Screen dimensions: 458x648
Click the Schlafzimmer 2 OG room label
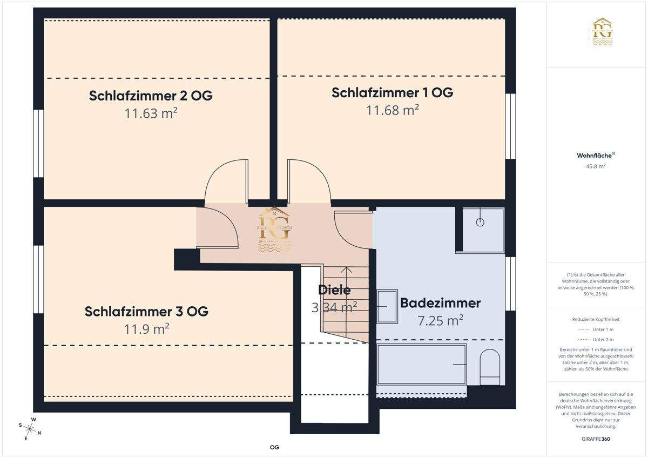click(x=151, y=96)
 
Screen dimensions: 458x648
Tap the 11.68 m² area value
click(x=393, y=110)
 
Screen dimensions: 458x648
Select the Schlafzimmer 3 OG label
click(x=146, y=312)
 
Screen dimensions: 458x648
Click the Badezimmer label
click(x=440, y=303)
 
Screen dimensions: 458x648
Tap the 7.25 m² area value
click(x=440, y=320)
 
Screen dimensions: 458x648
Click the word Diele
click(x=334, y=289)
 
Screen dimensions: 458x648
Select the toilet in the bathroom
click(x=490, y=367)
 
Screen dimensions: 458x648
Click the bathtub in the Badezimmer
click(x=421, y=364)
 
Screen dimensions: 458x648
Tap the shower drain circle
click(x=480, y=222)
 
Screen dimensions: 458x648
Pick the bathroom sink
click(x=387, y=306)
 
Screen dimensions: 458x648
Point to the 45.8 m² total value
click(x=596, y=166)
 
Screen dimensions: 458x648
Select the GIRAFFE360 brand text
click(x=596, y=439)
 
